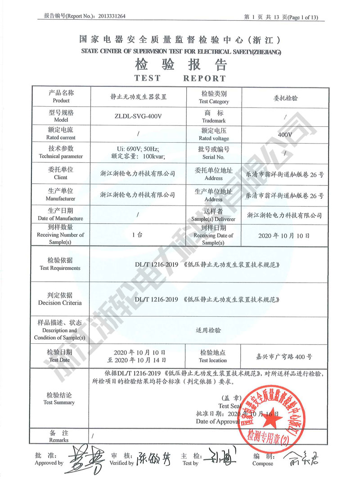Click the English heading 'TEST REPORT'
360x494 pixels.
pyautogui.click(x=180, y=78)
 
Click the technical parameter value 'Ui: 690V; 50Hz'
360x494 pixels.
pyautogui.click(x=138, y=149)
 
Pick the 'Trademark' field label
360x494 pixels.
pyautogui.click(x=214, y=121)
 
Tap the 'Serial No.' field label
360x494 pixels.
pyautogui.click(x=214, y=157)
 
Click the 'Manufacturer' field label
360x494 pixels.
pyautogui.click(x=61, y=198)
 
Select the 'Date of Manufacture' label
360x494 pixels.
pyautogui.click(x=61, y=218)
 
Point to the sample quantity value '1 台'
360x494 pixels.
pyautogui.click(x=138, y=235)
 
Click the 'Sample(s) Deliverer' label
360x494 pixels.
pyautogui.click(x=214, y=218)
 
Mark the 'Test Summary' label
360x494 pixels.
pyautogui.click(x=60, y=402)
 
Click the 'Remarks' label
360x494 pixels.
pyautogui.click(x=59, y=440)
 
